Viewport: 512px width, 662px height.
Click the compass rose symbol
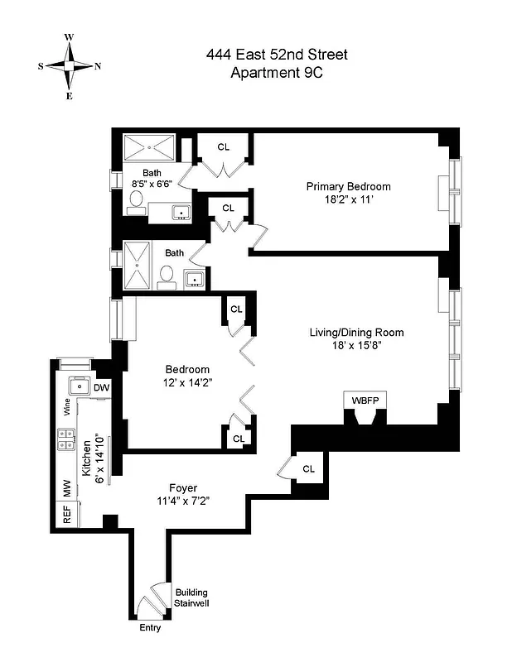tap(70, 66)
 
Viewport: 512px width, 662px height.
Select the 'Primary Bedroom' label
tap(348, 186)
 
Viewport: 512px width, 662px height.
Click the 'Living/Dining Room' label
tap(356, 333)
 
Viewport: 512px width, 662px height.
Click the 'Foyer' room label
tap(182, 487)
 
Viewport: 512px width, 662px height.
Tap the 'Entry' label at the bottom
tap(149, 628)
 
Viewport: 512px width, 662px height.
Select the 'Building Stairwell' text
tap(191, 598)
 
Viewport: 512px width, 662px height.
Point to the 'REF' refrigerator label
tap(67, 514)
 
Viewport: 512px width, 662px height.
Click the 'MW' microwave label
tap(67, 489)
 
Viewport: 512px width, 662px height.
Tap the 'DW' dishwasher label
tap(101, 387)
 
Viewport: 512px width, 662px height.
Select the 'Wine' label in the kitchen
tap(67, 406)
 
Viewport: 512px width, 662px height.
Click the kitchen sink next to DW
tap(79, 386)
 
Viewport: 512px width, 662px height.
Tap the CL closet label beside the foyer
tap(308, 468)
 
